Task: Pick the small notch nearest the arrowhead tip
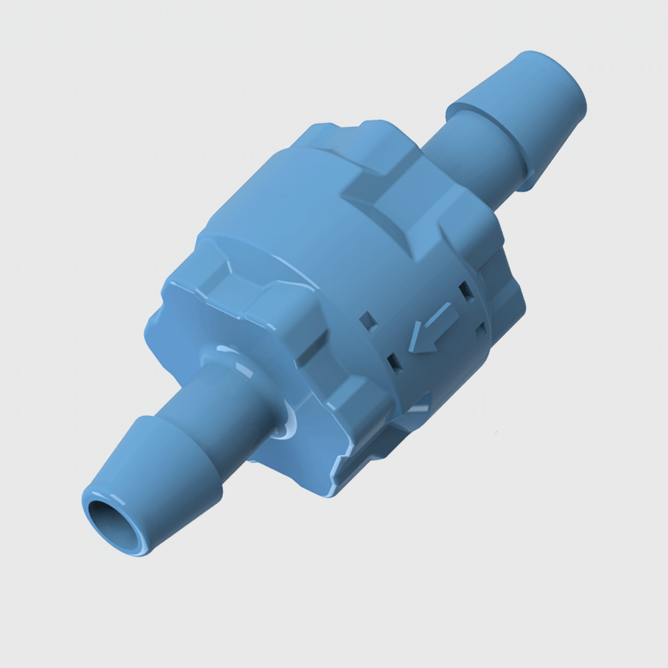pyautogui.click(x=393, y=362)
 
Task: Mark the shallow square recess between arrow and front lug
pyautogui.click(x=368, y=320)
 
